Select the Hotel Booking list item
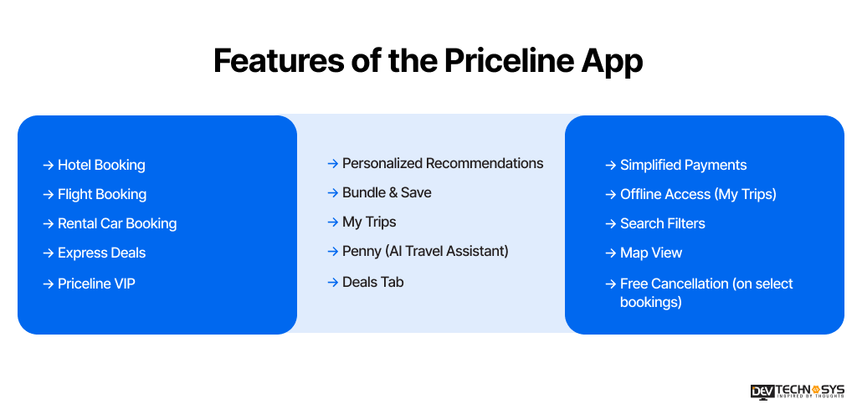coord(101,166)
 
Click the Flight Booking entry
coord(102,195)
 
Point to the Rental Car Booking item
coord(117,224)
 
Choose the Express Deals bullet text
coord(101,253)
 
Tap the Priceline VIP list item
coord(96,284)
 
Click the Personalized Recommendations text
coord(443,164)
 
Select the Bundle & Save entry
coord(387,193)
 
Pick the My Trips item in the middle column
coord(369,222)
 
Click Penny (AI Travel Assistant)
coord(425,252)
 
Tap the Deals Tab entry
coord(373,283)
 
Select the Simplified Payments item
coord(683,166)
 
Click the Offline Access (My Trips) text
coord(698,195)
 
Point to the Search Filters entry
coord(663,224)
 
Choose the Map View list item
coord(651,253)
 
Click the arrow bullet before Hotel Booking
coord(49,166)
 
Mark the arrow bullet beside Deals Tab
coord(333,283)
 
